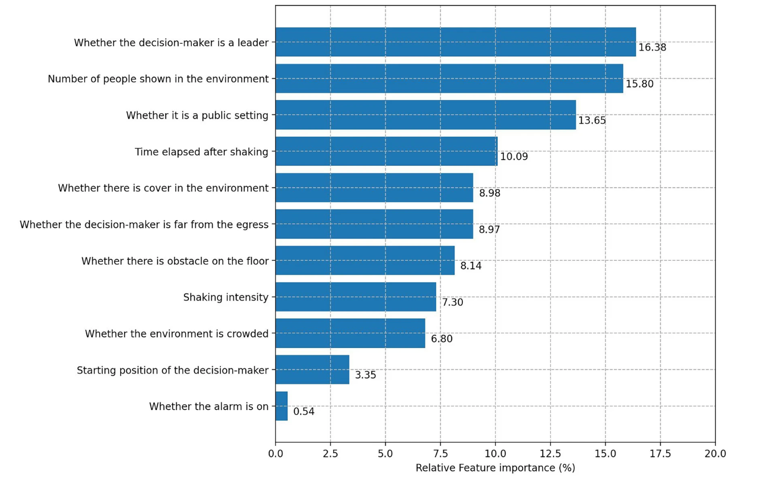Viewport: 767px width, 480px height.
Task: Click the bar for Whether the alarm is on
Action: pos(281,406)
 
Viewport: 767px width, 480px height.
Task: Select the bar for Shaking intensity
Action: pos(355,297)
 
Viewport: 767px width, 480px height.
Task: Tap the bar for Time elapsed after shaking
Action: pos(386,151)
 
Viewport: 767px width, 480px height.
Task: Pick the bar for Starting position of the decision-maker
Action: pos(312,370)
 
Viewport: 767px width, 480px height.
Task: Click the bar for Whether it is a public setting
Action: pos(425,115)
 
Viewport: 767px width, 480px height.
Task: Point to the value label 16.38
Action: pos(652,48)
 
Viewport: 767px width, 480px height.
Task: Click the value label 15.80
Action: pos(639,84)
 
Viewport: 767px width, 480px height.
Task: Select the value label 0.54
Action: pos(303,412)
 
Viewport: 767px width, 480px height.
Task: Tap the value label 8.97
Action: pos(489,229)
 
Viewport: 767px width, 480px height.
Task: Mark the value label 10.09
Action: pos(514,157)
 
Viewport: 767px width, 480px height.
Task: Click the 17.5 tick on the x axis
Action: pos(660,454)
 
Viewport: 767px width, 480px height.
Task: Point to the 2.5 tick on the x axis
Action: pos(330,454)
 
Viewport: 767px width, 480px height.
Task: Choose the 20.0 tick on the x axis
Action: pos(715,454)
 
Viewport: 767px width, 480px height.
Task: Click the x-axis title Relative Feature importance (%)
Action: pos(495,468)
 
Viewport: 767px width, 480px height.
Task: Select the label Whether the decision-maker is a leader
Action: pos(171,43)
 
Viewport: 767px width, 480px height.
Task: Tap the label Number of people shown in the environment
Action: pos(158,79)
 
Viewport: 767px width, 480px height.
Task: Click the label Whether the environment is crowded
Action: pos(177,334)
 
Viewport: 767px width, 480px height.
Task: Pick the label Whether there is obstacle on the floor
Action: pos(175,261)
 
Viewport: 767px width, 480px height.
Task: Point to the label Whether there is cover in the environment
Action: pos(163,188)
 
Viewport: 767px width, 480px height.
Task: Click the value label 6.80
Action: pos(441,339)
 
